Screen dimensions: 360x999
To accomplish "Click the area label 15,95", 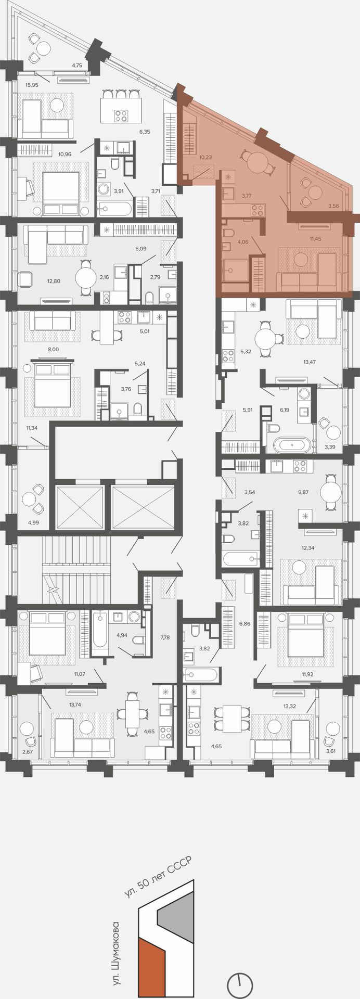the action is pyautogui.click(x=32, y=85).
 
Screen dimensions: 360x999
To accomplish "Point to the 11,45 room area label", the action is pyautogui.click(x=315, y=239).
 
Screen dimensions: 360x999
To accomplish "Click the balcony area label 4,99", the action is pyautogui.click(x=34, y=522).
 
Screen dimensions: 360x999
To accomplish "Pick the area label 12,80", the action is pyautogui.click(x=54, y=281).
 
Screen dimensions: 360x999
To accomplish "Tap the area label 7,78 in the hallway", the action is pyautogui.click(x=165, y=637).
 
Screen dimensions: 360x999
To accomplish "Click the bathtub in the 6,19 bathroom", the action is pyautogui.click(x=292, y=445).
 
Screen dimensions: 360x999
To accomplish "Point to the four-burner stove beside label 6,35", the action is pyautogui.click(x=121, y=116).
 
